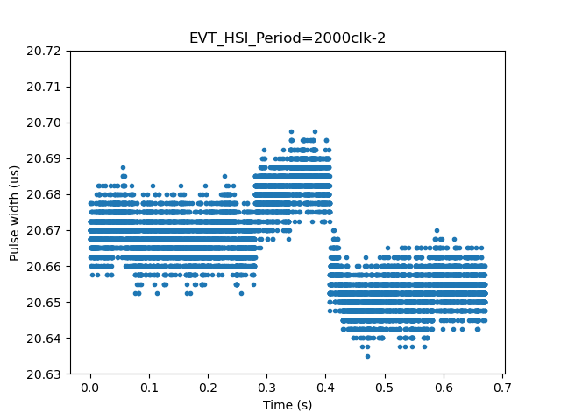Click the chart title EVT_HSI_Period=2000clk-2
288,38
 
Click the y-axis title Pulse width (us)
15,213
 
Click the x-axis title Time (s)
288,405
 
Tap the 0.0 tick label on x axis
90,388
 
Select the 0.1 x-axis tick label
149,388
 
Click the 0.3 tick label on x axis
266,388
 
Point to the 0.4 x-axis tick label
326,388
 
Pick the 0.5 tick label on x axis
385,388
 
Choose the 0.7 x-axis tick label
502,388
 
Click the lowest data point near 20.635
367,356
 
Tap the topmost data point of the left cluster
123,167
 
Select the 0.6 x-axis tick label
444,388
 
